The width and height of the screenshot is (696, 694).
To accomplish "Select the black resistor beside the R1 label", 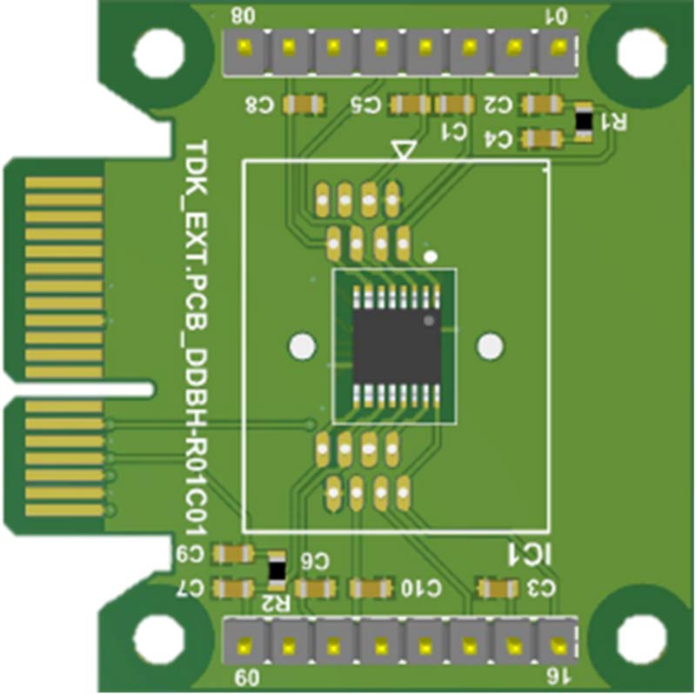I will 584,123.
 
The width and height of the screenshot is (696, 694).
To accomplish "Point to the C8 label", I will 259,105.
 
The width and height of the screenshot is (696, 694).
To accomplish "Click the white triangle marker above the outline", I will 403,150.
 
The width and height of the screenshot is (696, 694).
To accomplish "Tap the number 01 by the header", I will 554,15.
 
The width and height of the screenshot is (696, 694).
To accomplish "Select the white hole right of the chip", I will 491,346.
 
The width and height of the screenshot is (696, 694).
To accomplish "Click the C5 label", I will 366,105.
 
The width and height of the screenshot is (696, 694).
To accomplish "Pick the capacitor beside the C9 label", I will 233,554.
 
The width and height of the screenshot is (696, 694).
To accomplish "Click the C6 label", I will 317,561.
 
